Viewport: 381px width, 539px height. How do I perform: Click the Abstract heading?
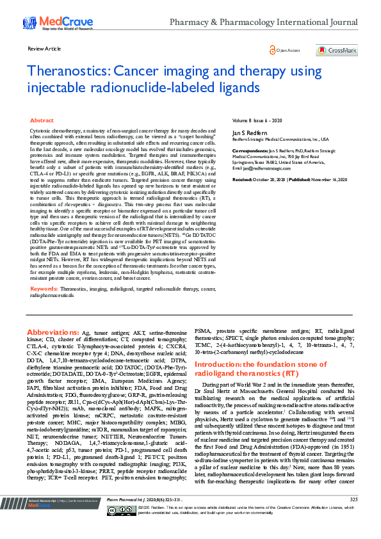click(x=42, y=120)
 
